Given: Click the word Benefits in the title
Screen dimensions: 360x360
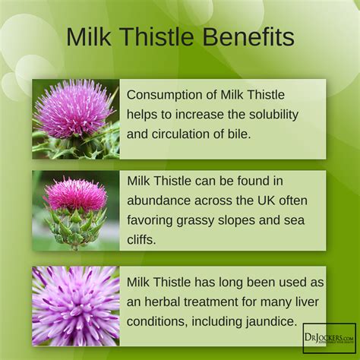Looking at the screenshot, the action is (x=248, y=36).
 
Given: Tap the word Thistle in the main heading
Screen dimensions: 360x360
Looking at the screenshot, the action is (x=158, y=36).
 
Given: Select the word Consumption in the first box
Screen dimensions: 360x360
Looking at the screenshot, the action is (x=172, y=96).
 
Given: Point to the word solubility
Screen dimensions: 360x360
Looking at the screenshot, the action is (x=273, y=115).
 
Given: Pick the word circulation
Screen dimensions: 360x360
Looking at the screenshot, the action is (x=181, y=134).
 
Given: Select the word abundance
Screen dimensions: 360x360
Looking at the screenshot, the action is (x=159, y=201).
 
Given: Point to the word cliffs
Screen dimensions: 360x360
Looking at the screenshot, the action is (x=141, y=239).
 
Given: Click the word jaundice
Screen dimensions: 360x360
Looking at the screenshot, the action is (x=271, y=322).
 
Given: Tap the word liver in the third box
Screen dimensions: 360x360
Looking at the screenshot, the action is (x=307, y=302).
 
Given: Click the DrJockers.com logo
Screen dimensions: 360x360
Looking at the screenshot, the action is (x=330, y=338).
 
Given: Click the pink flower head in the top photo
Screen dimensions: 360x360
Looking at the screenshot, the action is (x=74, y=108).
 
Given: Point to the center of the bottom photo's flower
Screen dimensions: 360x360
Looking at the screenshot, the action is (x=76, y=306).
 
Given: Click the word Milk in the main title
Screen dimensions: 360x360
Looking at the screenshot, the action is (x=89, y=36).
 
